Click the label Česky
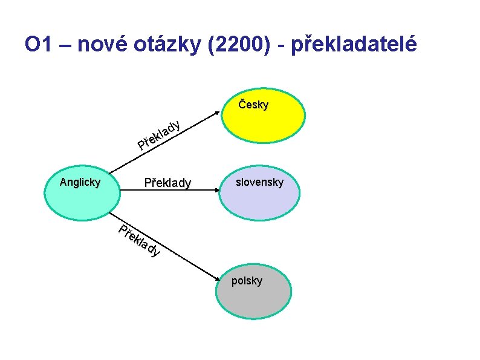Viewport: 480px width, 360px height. (254, 105)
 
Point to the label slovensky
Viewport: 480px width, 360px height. (259, 182)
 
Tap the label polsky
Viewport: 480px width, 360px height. (247, 281)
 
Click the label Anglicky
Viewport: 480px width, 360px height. (80, 182)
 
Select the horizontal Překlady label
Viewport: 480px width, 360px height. (167, 183)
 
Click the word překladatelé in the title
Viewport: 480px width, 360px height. (354, 45)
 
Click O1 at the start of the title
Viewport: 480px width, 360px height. (37, 45)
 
